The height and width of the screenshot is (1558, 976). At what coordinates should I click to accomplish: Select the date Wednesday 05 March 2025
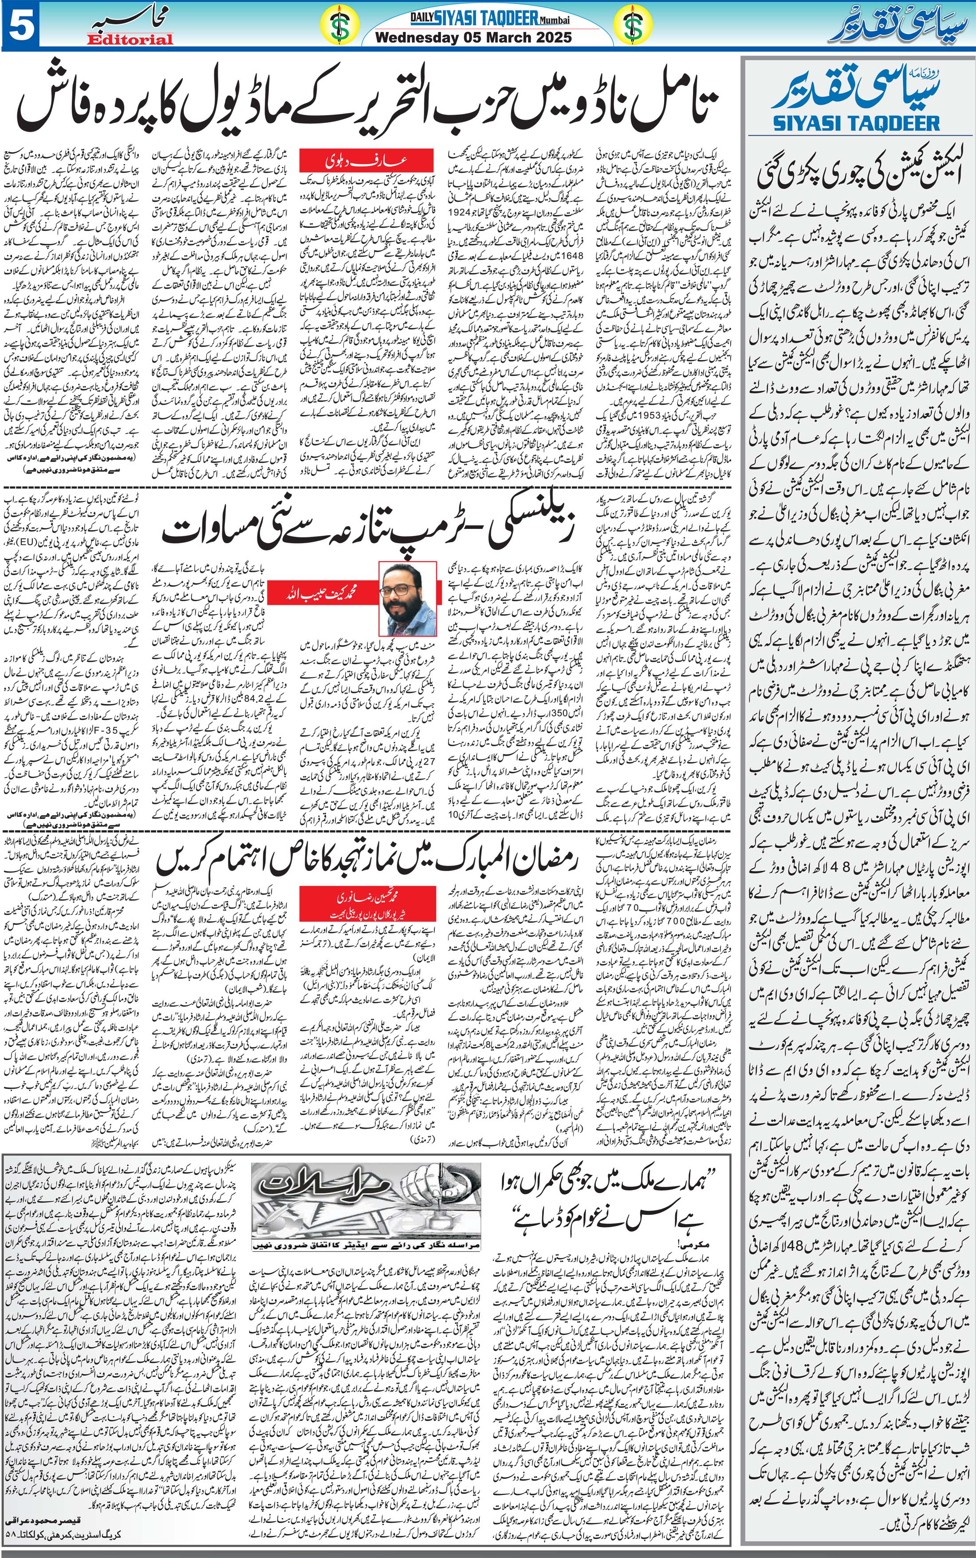[473, 37]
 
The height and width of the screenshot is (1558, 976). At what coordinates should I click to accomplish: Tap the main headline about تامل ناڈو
[368, 103]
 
